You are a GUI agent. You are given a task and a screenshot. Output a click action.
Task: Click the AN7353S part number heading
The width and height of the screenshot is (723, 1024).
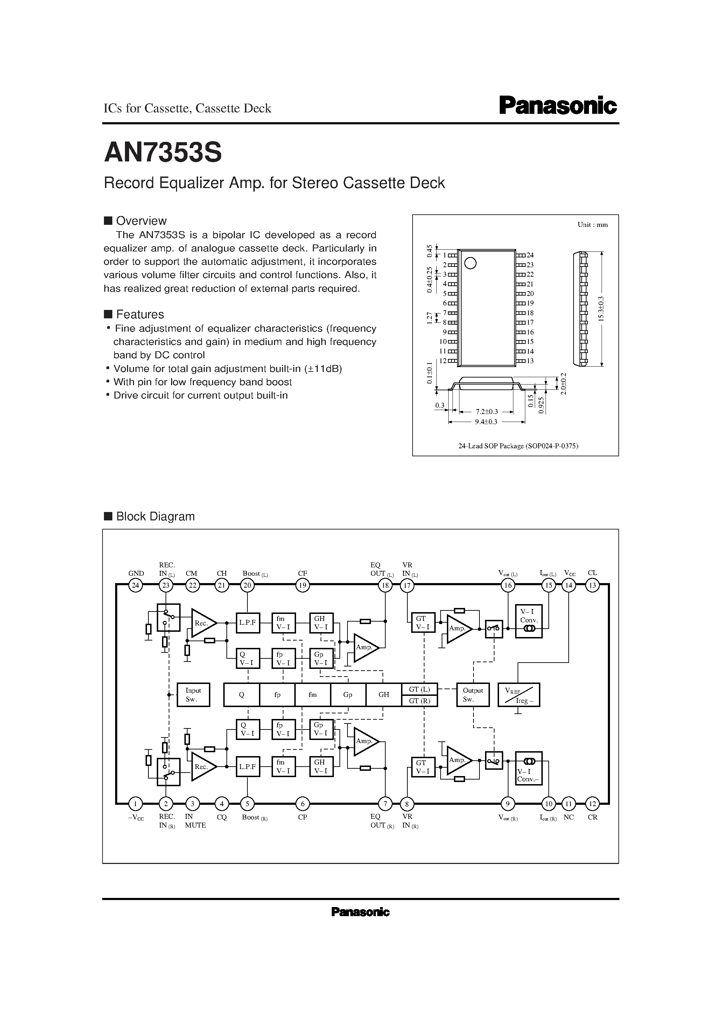tap(163, 153)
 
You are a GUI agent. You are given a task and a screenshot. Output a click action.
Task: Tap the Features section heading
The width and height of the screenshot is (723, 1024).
tap(140, 314)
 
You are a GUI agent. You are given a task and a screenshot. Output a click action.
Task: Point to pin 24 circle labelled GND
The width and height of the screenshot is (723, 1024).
tap(135, 585)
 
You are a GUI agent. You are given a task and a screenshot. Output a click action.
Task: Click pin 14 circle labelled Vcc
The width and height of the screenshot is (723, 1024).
tap(569, 585)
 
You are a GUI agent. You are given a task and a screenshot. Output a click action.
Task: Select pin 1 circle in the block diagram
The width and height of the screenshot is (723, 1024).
tap(135, 804)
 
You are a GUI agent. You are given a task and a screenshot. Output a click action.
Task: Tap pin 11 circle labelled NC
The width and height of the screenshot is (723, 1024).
tap(569, 804)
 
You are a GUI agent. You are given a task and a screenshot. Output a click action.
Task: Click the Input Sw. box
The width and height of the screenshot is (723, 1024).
tap(193, 694)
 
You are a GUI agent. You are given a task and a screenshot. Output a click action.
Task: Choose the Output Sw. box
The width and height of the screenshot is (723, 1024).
tap(472, 694)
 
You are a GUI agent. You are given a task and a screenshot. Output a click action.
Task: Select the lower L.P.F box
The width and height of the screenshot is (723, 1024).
tap(247, 767)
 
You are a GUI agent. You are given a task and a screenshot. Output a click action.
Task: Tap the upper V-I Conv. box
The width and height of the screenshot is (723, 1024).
tap(529, 621)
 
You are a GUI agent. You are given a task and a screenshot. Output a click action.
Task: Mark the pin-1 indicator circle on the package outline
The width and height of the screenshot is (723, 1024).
tap(470, 263)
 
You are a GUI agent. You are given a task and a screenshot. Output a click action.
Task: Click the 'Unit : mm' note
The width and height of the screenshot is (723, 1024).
tap(592, 225)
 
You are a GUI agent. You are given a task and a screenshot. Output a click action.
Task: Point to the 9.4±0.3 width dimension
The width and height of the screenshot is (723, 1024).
tap(486, 421)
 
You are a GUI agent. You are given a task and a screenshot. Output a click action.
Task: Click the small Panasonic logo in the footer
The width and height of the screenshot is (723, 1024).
tap(360, 913)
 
